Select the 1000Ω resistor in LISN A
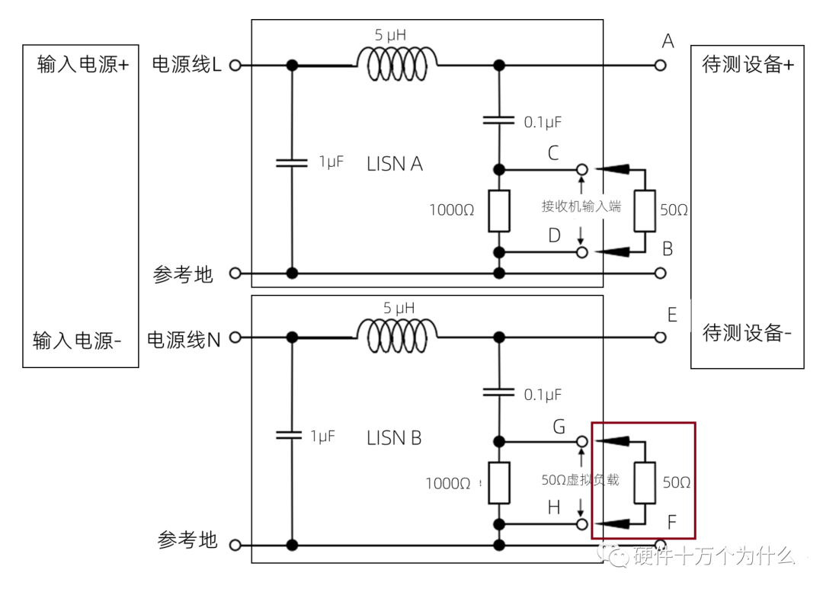pos(499,210)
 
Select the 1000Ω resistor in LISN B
pos(499,483)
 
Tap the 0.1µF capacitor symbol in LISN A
pos(499,120)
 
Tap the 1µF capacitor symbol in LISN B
pos(291,435)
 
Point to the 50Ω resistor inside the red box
pos(645,483)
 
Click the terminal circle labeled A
pos(660,66)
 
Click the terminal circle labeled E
pos(660,337)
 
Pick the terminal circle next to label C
pos(581,168)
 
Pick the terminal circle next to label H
pos(581,524)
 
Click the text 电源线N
pos(184,339)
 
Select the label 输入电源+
pos(82,65)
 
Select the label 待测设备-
pos(747,333)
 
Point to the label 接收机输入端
pos(581,206)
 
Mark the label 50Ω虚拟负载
pos(580,480)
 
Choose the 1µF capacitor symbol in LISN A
pos(291,162)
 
